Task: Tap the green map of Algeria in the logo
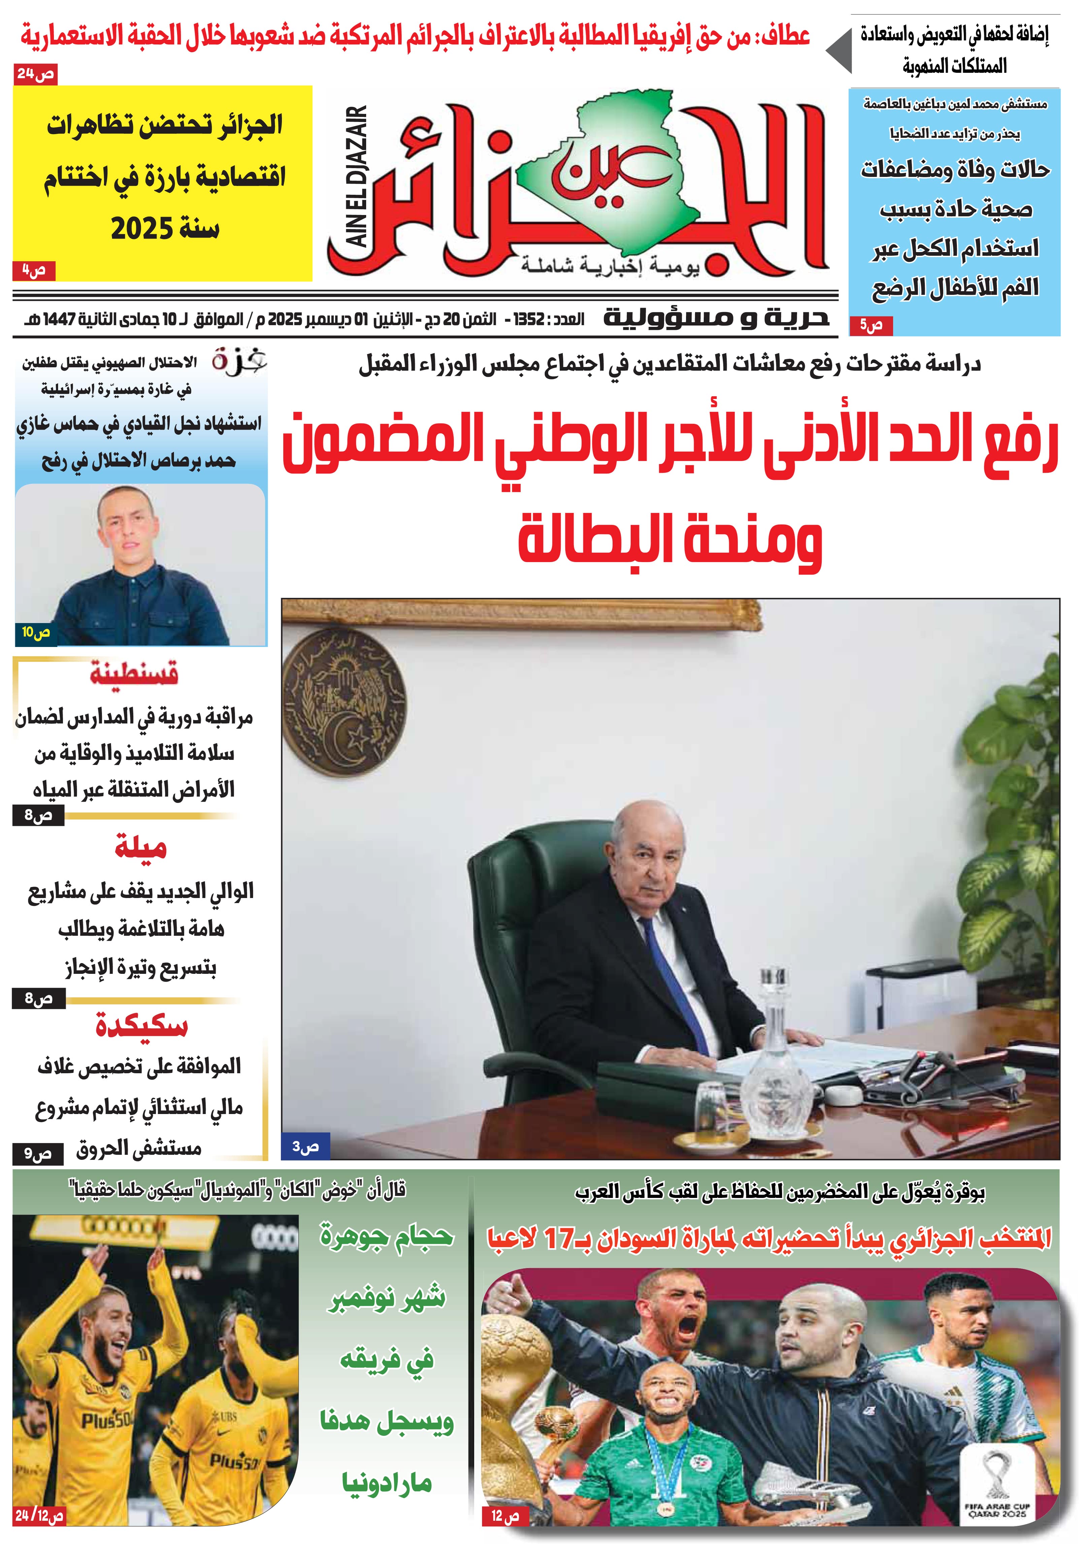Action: [625, 155]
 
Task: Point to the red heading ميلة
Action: [140, 847]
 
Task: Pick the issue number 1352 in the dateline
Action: [528, 319]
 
